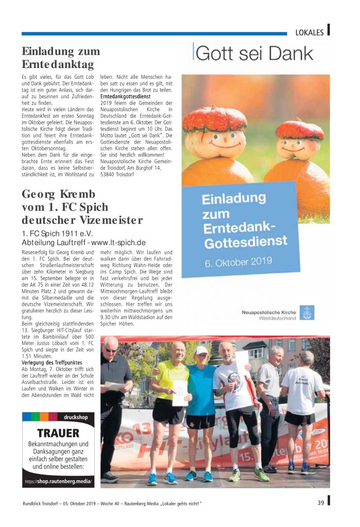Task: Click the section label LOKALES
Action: click(309, 32)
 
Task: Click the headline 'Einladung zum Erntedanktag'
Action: click(61, 58)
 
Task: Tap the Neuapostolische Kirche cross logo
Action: click(307, 312)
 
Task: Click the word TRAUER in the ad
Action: click(58, 433)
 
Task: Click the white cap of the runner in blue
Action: click(201, 350)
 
